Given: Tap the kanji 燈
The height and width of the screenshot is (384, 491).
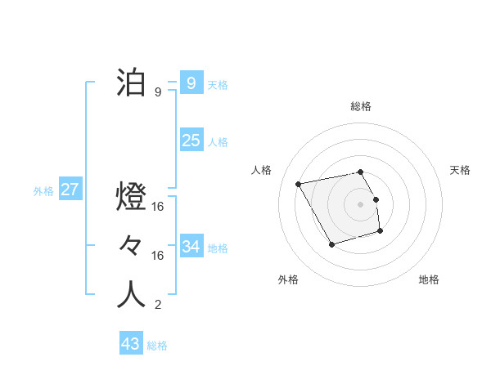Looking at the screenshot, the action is coord(132,196).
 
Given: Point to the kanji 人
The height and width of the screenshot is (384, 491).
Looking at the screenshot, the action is coord(132,295).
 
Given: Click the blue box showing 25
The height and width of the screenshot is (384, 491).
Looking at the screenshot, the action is coord(191,141).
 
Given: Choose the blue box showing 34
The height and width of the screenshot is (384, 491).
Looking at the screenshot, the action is coord(191,246).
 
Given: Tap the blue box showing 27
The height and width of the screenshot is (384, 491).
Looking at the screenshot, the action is coord(70,190).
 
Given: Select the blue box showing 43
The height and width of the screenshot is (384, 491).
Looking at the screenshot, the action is coord(131,344).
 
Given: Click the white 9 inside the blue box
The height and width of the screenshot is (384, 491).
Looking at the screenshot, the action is coord(191,83).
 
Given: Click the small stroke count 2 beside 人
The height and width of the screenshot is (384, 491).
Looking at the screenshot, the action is coord(158,306).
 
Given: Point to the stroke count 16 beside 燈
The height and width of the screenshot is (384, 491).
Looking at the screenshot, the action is coord(158,207).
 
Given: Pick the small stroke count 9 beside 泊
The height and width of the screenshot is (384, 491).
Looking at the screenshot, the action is coord(158,92).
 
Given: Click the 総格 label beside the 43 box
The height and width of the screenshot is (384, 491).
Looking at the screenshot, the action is coord(157,346).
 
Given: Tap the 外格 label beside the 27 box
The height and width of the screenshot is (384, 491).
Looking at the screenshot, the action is coord(43,192).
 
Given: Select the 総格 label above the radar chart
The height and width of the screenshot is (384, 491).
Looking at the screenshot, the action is coord(360,106).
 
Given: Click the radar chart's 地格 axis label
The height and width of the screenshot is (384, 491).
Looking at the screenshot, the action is coord(429,279).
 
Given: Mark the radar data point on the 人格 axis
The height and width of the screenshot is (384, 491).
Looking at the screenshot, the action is coord(299,184).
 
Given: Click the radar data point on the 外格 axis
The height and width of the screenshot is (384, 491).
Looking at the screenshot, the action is coord(331,244).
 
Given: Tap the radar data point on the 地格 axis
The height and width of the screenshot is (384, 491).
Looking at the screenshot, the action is coord(381,232).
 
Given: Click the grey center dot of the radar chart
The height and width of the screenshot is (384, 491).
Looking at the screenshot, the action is coord(360,203).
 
